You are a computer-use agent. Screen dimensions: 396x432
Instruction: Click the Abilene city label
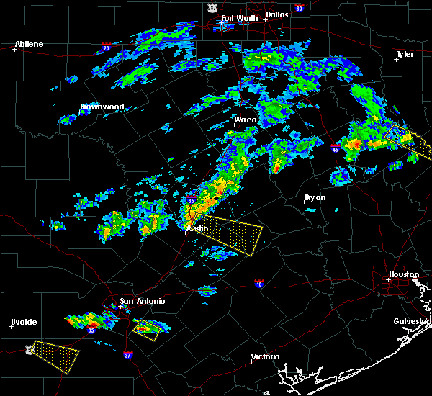[29, 44]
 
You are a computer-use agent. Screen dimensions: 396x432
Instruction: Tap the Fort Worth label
[238, 18]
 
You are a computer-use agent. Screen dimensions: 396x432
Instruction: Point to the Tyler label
[405, 54]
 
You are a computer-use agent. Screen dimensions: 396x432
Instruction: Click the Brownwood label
[102, 107]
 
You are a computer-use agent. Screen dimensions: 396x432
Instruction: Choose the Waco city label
[246, 120]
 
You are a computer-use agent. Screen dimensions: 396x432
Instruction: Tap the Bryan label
[315, 197]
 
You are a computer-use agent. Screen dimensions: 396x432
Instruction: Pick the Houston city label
[404, 274]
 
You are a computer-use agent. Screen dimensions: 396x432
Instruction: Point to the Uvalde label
[24, 322]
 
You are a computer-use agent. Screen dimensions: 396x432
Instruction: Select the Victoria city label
[266, 357]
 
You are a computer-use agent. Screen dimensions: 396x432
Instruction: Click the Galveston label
[411, 321]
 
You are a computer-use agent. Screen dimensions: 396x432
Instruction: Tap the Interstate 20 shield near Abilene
[106, 48]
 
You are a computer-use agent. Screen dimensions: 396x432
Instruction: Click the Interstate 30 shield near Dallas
[299, 7]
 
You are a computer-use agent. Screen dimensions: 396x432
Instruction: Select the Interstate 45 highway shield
[335, 148]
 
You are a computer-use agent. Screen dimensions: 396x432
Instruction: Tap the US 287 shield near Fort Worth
[212, 6]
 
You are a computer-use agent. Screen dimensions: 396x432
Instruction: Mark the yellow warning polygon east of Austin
[230, 235]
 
